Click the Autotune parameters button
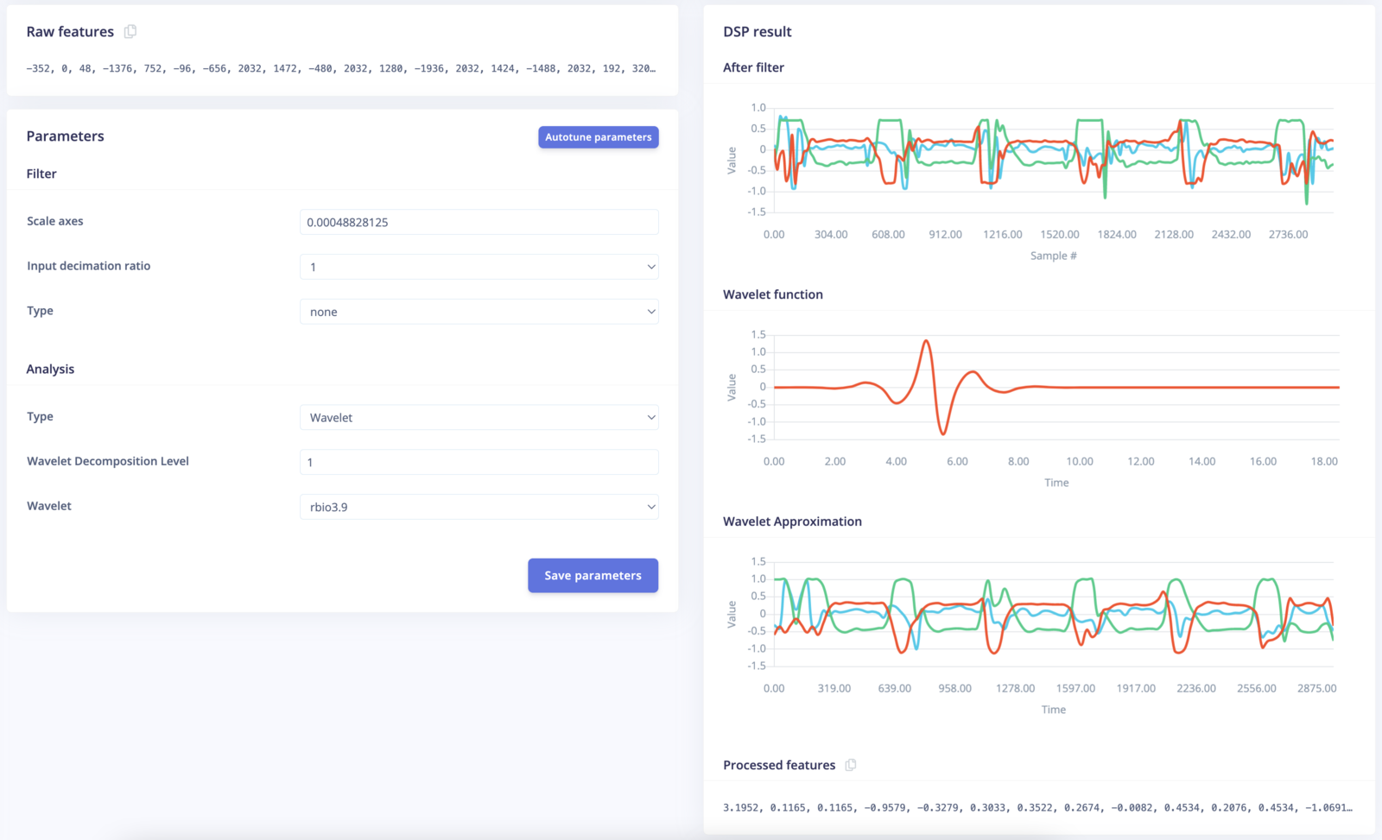click(598, 137)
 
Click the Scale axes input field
click(479, 222)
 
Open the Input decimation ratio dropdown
click(479, 267)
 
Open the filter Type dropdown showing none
click(479, 312)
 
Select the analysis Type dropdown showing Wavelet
click(479, 417)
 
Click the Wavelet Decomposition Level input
click(479, 462)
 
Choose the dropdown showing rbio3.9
click(479, 507)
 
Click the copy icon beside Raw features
click(130, 32)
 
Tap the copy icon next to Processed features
click(851, 765)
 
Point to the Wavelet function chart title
click(772, 294)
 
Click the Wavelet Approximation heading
click(792, 521)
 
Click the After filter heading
click(753, 67)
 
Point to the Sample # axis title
click(1053, 256)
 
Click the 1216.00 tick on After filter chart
click(1002, 235)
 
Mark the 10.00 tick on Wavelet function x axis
click(1079, 462)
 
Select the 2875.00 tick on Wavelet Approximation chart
click(1316, 689)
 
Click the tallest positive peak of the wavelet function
click(926, 342)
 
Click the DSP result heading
click(757, 32)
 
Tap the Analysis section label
click(50, 369)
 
